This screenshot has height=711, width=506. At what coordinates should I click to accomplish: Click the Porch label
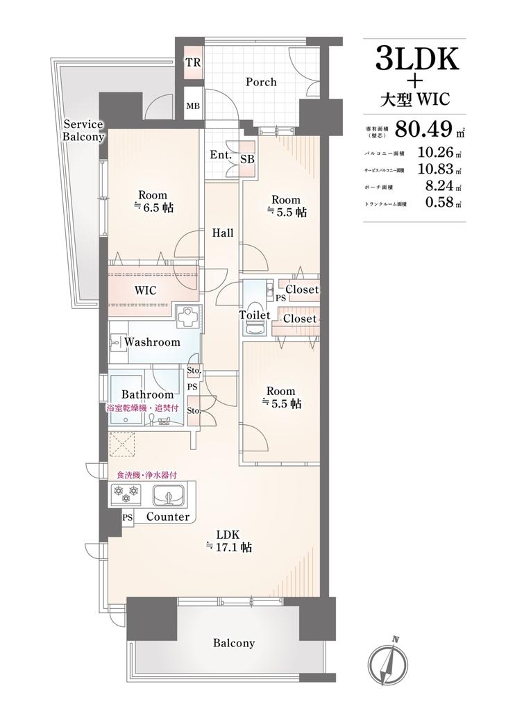click(261, 82)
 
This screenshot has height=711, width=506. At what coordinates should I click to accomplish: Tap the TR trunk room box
click(193, 62)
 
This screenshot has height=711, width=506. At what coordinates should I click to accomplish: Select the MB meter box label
click(193, 106)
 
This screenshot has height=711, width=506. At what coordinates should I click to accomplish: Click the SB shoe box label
click(248, 159)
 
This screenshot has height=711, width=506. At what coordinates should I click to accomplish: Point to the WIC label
click(146, 290)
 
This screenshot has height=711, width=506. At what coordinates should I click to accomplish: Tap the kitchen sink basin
click(169, 495)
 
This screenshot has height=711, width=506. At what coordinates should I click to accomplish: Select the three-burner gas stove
click(126, 494)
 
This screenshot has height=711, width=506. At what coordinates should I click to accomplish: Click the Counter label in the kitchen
click(168, 517)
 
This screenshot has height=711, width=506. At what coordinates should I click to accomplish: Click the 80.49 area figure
click(424, 128)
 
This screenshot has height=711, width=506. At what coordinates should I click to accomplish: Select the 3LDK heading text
click(417, 60)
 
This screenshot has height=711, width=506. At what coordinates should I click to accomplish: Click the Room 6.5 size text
click(153, 208)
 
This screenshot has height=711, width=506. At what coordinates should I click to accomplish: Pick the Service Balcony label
click(83, 130)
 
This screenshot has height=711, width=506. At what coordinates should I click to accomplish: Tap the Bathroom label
click(147, 394)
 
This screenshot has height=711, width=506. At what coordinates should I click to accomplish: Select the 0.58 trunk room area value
click(439, 203)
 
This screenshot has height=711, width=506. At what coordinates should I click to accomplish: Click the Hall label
click(223, 233)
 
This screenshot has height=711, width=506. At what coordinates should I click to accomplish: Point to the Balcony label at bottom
click(234, 642)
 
